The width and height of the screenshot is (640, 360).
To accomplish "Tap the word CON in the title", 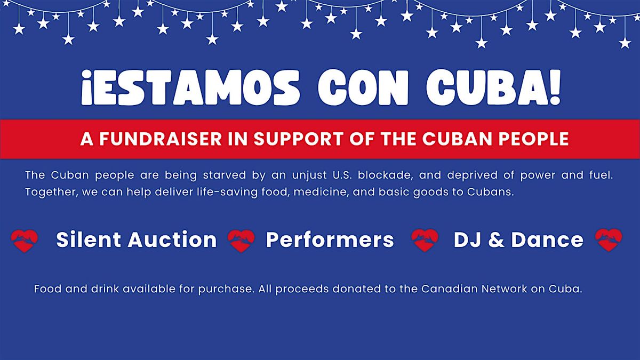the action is [x=363, y=87].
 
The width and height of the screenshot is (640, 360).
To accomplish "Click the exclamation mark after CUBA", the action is [x=555, y=87].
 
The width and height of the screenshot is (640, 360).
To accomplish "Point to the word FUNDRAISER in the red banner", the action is [x=161, y=139].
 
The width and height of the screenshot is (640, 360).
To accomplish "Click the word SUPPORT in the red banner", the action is [x=298, y=139].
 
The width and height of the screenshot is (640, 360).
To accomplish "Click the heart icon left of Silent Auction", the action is [x=25, y=241].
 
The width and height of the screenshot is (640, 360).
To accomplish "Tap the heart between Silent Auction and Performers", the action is [x=241, y=241].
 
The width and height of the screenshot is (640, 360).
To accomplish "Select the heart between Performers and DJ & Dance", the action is [x=425, y=240].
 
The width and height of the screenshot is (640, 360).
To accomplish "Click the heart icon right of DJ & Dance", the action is [x=609, y=240].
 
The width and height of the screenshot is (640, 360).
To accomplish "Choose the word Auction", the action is [x=172, y=239].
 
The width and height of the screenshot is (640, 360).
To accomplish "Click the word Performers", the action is [x=330, y=239].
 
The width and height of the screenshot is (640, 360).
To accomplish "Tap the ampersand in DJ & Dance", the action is [x=497, y=239].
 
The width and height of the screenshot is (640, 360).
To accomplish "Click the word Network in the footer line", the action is [x=505, y=289].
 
